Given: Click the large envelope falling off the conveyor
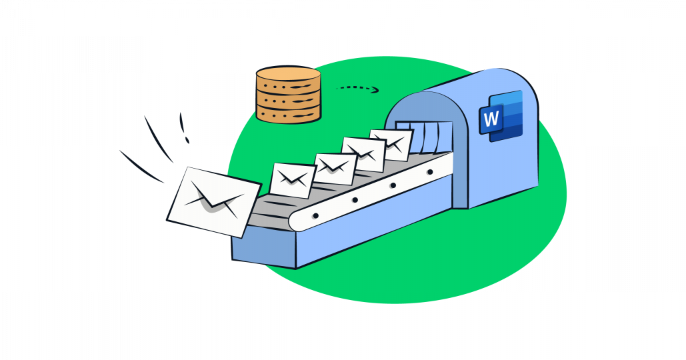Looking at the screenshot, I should (213, 201).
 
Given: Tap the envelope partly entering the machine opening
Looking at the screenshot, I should (391, 144).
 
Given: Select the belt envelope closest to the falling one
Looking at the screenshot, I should (292, 179).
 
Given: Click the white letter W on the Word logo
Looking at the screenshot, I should (491, 119).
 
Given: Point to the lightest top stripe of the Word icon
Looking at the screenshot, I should (510, 99).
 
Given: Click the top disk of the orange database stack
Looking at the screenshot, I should (288, 75).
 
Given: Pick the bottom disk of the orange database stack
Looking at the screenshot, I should (288, 113).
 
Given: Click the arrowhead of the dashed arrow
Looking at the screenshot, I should (375, 90).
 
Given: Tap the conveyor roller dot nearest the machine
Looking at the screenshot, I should (430, 172).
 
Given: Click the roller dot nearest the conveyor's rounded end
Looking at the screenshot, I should (315, 215).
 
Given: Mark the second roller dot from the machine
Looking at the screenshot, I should (393, 185).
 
